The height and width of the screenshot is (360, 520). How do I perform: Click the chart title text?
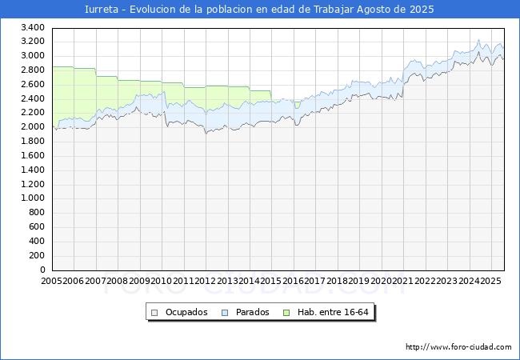coord(260,10)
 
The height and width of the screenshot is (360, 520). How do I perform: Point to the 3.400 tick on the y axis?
coord(33,27)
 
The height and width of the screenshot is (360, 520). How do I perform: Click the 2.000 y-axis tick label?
coord(33,127)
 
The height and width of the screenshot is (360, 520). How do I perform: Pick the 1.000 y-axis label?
coord(33,198)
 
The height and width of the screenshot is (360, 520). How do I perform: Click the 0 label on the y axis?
coord(42,270)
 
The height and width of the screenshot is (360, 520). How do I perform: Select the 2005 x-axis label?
coord(53,282)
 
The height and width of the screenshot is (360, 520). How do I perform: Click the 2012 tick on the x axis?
coord(206,282)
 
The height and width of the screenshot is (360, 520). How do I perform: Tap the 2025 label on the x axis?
coord(490,282)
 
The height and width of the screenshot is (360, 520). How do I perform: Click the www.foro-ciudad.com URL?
coord(458,347)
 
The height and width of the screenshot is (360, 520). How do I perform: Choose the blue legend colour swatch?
coord(225,312)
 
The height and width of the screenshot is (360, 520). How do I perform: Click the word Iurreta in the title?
coord(102,10)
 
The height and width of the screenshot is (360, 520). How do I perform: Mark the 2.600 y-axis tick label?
coord(33,84)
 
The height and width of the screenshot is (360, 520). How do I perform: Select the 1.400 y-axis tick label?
coord(33,170)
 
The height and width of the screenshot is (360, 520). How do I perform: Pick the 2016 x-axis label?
coord(293,282)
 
